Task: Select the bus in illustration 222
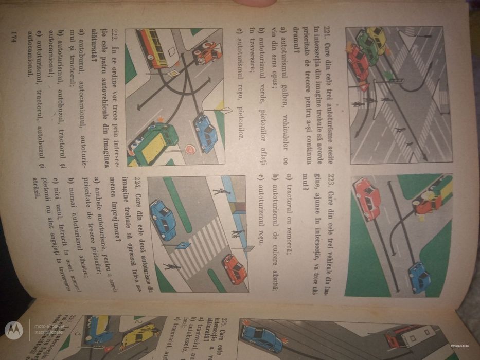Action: click(154, 48)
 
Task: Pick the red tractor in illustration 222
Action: click(207, 52)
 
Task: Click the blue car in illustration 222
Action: click(206, 132)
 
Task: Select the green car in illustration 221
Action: click(367, 46)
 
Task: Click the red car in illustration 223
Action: click(367, 199)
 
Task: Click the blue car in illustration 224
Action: click(164, 219)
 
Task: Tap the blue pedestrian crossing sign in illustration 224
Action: click(183, 246)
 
